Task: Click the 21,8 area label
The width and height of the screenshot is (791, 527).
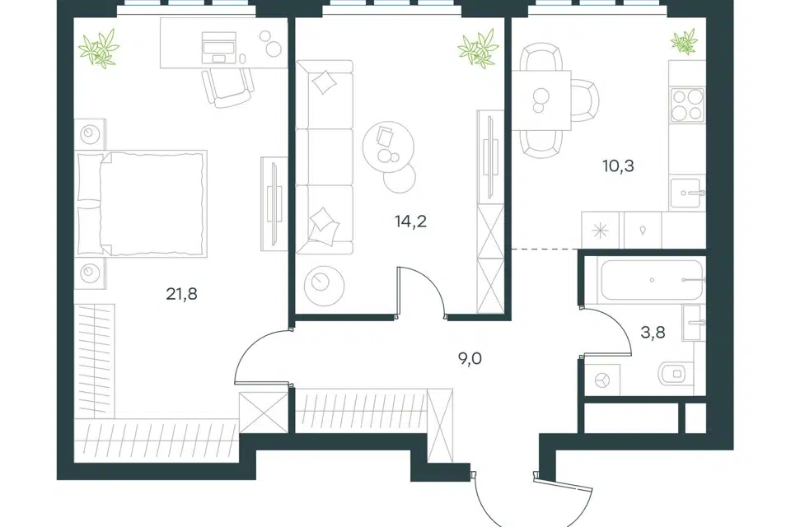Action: coord(181,293)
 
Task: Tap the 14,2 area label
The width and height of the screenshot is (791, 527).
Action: coord(410,221)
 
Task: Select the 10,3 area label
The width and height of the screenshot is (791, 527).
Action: coord(618,166)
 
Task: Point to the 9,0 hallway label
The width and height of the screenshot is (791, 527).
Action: coord(470,358)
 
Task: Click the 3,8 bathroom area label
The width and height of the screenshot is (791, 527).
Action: coord(653,333)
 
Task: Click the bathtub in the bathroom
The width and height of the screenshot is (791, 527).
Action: coord(651,281)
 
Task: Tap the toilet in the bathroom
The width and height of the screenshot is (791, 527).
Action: coord(675,374)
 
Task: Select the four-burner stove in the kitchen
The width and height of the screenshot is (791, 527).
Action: coord(686,105)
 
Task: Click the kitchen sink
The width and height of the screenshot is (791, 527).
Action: coord(686,193)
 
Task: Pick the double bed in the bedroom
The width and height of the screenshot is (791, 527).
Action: coord(141,203)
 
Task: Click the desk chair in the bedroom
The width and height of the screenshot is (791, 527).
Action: coord(227,87)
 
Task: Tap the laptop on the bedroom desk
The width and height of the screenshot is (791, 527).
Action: coord(218,48)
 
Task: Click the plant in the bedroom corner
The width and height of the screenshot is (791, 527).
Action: coord(99,49)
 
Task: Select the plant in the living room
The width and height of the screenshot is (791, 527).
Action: coord(478,49)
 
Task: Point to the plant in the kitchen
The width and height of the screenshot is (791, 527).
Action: coord(685,41)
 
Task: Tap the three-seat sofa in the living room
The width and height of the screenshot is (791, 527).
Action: coord(325,156)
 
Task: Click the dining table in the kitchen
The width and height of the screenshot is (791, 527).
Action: coord(541,100)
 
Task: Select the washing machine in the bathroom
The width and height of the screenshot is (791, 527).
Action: coord(602,380)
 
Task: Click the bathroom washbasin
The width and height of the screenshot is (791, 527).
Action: coord(693,322)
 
